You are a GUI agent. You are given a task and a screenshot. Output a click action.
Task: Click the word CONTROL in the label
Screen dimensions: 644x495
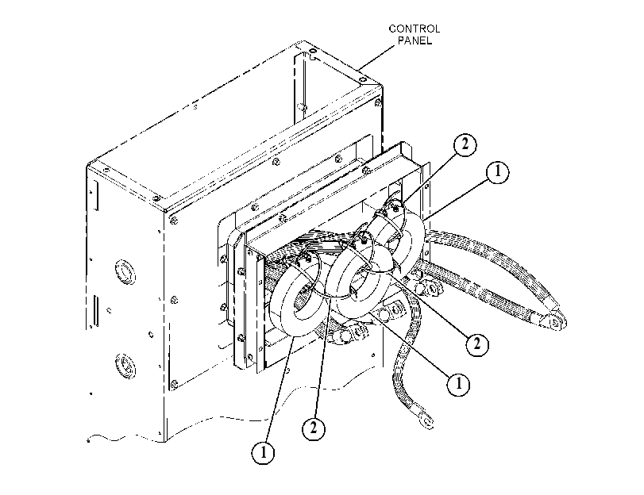[414, 29]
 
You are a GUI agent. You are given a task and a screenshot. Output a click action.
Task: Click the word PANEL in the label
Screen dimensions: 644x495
[415, 40]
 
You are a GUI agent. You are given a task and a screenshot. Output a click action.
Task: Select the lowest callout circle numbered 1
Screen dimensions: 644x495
[264, 453]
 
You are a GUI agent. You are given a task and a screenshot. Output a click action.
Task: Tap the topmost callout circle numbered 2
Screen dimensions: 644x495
[465, 144]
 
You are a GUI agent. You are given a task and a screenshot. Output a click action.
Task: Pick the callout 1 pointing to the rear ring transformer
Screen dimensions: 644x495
[497, 171]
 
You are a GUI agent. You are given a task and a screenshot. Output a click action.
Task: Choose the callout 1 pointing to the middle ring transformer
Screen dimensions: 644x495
[458, 384]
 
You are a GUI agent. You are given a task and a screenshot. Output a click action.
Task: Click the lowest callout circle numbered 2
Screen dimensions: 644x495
[314, 428]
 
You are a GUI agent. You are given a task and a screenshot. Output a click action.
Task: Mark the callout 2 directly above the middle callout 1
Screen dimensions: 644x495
[476, 343]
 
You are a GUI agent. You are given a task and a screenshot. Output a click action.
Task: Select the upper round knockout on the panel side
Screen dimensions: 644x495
[125, 271]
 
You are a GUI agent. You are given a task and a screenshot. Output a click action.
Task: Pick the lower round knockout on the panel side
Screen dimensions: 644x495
[125, 365]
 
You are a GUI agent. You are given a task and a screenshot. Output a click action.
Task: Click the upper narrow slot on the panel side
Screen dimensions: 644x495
[97, 196]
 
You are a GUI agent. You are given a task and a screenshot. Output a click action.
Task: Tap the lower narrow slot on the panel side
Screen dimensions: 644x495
[96, 311]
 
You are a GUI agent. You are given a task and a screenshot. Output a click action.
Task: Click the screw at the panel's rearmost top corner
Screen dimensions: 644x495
[313, 52]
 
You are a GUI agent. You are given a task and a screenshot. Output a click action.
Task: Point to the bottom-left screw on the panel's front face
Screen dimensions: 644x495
[174, 385]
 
